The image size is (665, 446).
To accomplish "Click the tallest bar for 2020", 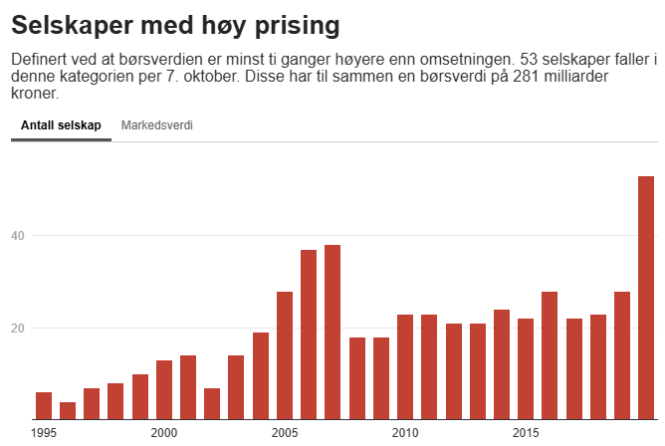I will (x=646, y=298).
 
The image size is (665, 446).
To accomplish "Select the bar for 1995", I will (x=44, y=406).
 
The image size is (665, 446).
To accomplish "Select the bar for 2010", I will (x=405, y=367).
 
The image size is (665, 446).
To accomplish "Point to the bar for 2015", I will (x=526, y=369).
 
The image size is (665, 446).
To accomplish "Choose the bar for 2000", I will (x=164, y=390).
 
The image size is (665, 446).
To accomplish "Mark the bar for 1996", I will (x=68, y=411).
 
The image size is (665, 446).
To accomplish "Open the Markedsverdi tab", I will (x=156, y=126).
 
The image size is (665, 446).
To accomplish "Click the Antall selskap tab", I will (x=61, y=126).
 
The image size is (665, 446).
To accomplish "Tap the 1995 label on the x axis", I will (x=44, y=433).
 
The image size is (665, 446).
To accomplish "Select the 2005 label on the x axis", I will (x=285, y=433).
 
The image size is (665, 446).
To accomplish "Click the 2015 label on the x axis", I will (x=526, y=433).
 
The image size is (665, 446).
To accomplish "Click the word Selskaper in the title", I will (x=72, y=23).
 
